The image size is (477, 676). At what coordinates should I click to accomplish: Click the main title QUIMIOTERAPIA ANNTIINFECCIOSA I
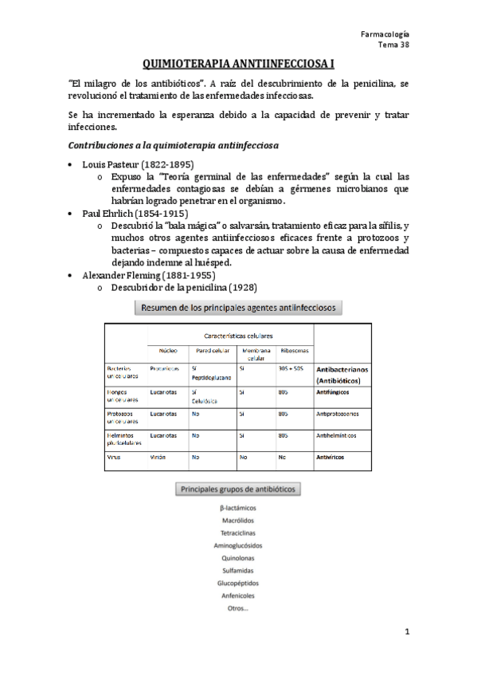(x=238, y=61)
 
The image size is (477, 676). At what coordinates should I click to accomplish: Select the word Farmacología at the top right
(x=385, y=33)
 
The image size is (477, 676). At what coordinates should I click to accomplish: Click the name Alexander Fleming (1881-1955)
(x=147, y=275)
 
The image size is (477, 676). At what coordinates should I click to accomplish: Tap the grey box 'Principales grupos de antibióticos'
(x=238, y=489)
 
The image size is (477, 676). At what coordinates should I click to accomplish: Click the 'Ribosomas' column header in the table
(x=293, y=351)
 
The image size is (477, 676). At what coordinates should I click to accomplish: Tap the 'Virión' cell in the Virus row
(x=158, y=458)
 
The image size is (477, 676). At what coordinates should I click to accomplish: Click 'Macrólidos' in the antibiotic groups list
(x=238, y=520)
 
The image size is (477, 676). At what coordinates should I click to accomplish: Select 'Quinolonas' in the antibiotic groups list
(x=238, y=558)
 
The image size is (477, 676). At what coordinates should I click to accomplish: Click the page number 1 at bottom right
(x=406, y=632)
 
